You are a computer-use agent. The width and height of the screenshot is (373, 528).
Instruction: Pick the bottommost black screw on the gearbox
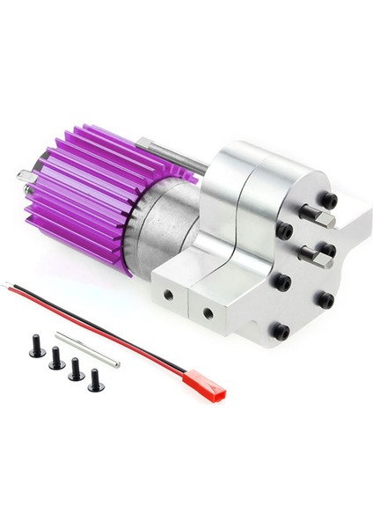tap(279, 332)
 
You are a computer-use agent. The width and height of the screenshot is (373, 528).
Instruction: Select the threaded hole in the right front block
tap(208, 312)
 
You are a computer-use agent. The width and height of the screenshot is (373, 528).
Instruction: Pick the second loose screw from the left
tap(55, 358)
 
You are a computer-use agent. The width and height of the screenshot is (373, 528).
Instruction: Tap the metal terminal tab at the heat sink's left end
tap(24, 177)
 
